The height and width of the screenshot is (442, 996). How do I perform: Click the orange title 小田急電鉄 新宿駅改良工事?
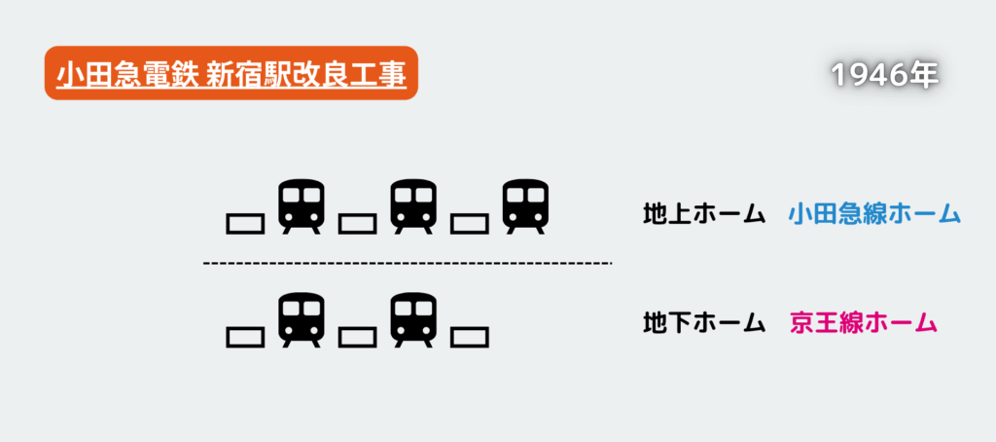click(231, 73)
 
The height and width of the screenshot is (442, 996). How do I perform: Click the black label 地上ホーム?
click(702, 214)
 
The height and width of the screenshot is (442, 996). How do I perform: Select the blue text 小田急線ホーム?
click(874, 214)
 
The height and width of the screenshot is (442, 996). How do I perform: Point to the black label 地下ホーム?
click(702, 323)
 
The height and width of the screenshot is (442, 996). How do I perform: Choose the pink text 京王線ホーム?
click(864, 323)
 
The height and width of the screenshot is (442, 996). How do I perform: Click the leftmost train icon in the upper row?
click(302, 206)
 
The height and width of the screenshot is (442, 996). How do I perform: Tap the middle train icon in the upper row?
click(413, 206)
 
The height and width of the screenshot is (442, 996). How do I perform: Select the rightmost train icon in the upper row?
click(525, 206)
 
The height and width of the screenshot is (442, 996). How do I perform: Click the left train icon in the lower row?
click(302, 320)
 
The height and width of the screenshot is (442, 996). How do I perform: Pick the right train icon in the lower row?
click(413, 320)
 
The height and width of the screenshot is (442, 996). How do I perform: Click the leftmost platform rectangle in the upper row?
click(245, 224)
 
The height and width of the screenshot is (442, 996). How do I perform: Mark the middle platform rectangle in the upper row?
click(358, 224)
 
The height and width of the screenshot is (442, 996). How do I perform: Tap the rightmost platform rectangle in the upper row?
click(470, 224)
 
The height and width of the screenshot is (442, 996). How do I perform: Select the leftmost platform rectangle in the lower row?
click(245, 337)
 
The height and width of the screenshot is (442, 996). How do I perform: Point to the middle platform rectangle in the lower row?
click(358, 337)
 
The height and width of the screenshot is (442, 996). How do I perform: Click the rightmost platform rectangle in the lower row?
click(470, 337)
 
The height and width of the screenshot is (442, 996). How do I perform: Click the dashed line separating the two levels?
click(408, 262)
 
